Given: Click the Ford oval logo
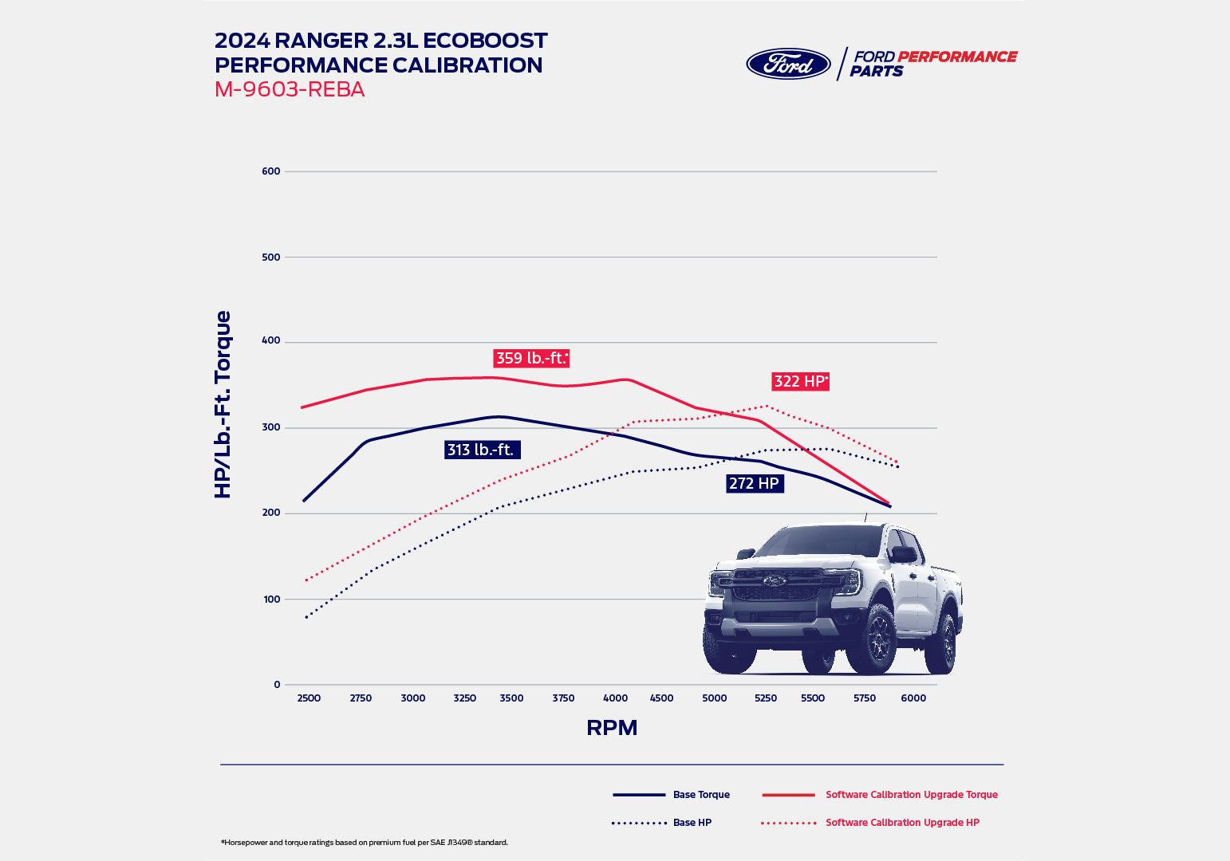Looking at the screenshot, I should click(x=788, y=64).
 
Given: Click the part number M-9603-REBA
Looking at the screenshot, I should click(x=290, y=89).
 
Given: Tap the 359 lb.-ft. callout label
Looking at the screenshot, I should click(x=531, y=358).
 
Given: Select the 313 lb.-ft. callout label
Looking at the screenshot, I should click(x=482, y=450).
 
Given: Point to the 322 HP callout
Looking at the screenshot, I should click(x=800, y=381).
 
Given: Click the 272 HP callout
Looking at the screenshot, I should click(x=755, y=483).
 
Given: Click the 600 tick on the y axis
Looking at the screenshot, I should click(x=271, y=171).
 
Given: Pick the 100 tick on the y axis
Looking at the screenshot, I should click(x=271, y=600).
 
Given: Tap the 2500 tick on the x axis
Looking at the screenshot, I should click(x=309, y=698).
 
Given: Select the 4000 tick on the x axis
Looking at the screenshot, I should click(x=615, y=698).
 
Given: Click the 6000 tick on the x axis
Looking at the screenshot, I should click(x=913, y=698).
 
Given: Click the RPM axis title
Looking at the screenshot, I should click(x=612, y=728).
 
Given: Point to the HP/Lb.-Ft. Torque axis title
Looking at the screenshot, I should click(x=223, y=404).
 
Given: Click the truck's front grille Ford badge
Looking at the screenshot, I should click(x=773, y=580).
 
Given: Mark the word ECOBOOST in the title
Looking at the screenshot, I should click(x=485, y=41).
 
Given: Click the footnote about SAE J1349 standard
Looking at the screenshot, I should click(x=365, y=843).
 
